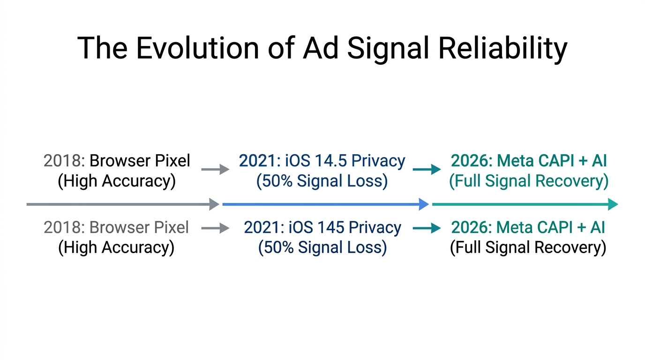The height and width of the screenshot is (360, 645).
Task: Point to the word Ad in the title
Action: (321, 48)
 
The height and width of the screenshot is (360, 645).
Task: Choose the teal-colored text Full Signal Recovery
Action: (529, 181)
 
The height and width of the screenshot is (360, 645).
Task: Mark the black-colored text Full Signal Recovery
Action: (528, 247)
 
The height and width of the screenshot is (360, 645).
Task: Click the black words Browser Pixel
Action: (140, 161)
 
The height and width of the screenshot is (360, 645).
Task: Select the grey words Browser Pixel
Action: (139, 228)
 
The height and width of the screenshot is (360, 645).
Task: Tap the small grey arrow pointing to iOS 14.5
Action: (215, 170)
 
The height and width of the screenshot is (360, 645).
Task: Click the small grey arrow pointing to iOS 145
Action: (215, 228)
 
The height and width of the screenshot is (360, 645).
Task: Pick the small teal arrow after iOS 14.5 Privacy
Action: (427, 170)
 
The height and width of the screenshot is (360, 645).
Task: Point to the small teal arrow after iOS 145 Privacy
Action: (427, 228)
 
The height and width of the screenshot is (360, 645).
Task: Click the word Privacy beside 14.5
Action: (378, 161)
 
